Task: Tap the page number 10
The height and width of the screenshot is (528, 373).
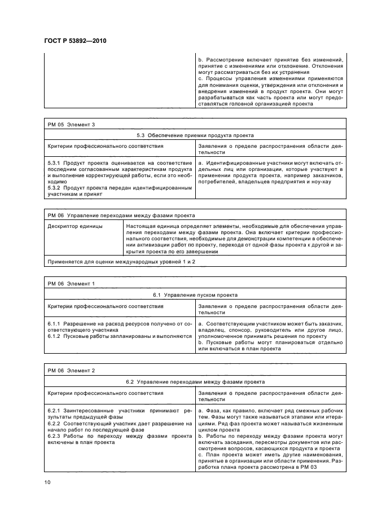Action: [x=47, y=481]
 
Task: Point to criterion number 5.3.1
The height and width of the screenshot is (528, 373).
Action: [x=55, y=162]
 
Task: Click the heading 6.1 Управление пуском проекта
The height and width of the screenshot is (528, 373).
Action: [x=195, y=295]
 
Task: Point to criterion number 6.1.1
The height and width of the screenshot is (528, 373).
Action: [x=55, y=323]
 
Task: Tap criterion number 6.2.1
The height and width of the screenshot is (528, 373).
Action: [x=55, y=410]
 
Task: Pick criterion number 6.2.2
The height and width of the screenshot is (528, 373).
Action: [x=55, y=423]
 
